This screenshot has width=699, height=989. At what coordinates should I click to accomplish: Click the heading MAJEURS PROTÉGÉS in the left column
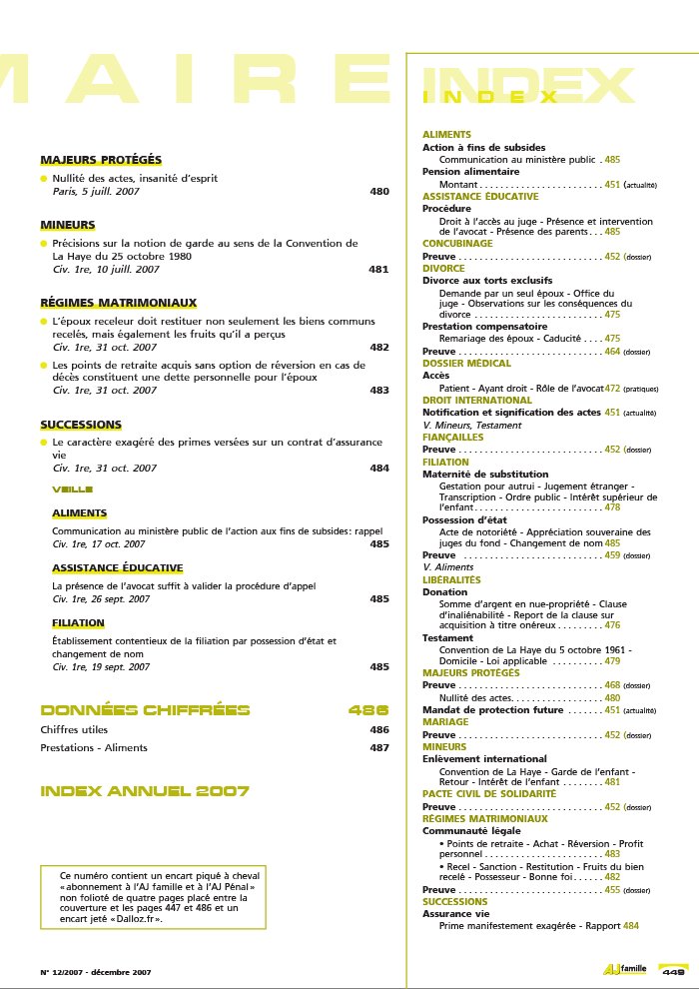tap(100, 160)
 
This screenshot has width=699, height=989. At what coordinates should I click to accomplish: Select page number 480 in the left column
tap(379, 191)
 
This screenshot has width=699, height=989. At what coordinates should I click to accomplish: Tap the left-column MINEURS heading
tap(68, 225)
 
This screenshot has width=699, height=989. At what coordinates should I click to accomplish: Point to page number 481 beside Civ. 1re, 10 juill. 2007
tap(379, 269)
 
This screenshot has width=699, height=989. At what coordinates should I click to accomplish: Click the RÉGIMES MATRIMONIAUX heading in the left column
tap(118, 303)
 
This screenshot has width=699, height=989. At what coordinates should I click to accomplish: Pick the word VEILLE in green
tap(72, 490)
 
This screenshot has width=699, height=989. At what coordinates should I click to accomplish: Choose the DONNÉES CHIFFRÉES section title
tap(145, 711)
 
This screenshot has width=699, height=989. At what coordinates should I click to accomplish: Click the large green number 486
tap(368, 711)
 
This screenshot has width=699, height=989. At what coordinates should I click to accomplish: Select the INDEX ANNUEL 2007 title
tap(145, 791)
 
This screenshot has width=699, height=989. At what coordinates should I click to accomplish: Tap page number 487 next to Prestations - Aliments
tap(379, 747)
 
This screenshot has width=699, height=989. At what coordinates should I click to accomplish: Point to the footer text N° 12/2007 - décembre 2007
tap(96, 971)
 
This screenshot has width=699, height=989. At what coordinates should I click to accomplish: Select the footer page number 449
tap(673, 971)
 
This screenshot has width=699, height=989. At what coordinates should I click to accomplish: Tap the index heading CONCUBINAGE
tap(457, 243)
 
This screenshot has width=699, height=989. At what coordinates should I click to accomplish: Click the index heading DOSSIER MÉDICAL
tap(466, 364)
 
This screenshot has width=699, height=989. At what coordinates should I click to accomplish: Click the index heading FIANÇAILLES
tap(452, 437)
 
